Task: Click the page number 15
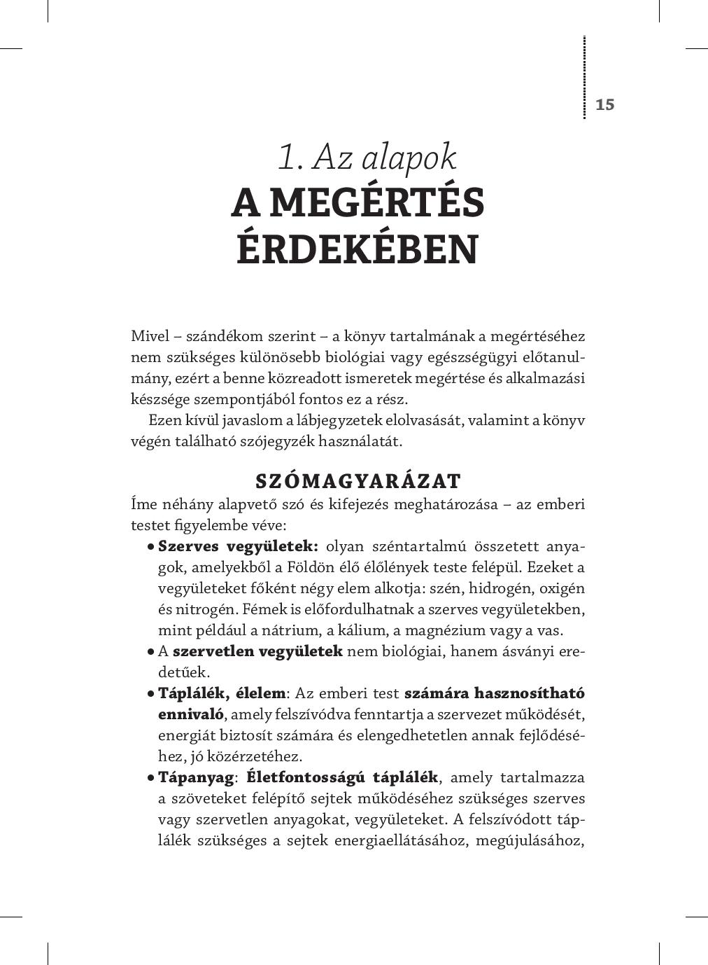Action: point(604,104)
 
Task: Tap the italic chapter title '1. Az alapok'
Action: point(367,157)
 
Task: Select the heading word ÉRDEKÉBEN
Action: point(357,249)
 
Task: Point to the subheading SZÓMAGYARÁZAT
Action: point(357,481)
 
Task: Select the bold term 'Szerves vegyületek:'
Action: point(238,546)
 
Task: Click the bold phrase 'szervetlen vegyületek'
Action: point(257,651)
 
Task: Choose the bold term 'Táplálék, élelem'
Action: point(222,693)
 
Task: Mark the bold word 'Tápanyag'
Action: point(195,777)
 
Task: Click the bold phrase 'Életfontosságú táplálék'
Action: point(342,777)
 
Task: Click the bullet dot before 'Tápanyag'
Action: point(150,778)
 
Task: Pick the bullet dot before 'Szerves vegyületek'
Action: point(150,547)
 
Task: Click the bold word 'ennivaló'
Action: point(190,714)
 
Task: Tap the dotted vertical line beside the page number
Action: point(584,77)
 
